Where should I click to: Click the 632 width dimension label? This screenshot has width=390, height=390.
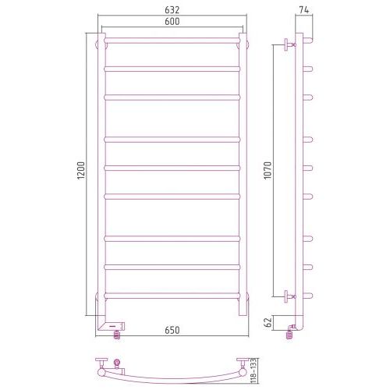pos(172,10)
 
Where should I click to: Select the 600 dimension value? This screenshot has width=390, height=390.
pos(172,21)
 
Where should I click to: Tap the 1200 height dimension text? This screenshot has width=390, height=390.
pos(81,170)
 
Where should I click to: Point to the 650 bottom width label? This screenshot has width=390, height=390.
pos(172,330)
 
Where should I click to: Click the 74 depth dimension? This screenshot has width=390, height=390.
pos(304,10)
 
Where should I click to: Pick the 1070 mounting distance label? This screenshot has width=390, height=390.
pos(268,170)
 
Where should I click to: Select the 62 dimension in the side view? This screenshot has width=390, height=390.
pos(268,322)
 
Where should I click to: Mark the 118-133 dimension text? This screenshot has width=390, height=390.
pos(253,371)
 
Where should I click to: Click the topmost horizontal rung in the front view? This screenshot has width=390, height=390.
pos(172,41)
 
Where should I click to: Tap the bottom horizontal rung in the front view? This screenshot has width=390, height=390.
pos(172,296)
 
